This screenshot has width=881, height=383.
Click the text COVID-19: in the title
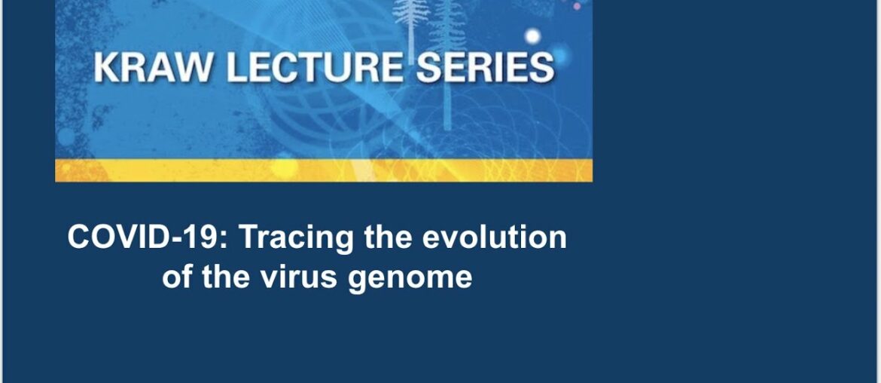coord(148,237)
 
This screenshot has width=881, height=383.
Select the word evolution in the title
coord(494,237)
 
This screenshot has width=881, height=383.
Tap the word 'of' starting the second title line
coord(177,277)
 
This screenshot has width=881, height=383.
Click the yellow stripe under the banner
coord(324,170)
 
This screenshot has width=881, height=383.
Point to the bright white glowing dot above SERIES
coord(532,35)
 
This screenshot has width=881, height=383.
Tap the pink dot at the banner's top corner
coord(578,6)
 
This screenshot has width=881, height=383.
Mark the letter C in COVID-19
coord(79,237)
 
